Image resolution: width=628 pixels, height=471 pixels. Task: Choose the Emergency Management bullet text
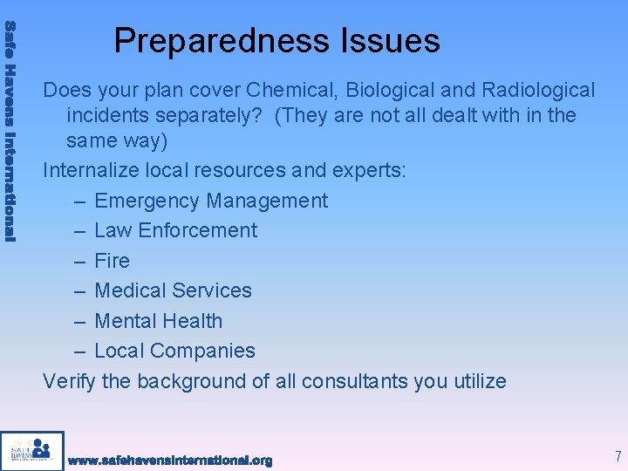[211, 201]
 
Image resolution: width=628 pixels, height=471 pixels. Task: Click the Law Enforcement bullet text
[175, 230]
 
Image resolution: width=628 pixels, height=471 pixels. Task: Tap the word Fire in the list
[112, 261]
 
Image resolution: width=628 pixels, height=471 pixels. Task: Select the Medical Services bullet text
[173, 290]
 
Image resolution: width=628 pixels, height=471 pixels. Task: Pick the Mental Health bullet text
[158, 321]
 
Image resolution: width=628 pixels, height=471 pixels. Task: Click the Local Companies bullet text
[174, 351]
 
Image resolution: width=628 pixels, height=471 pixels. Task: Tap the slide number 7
[618, 456]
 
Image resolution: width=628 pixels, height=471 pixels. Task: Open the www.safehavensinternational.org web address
[170, 460]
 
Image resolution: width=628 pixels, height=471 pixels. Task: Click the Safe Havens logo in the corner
[32, 450]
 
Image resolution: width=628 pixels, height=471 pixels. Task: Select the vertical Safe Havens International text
[10, 131]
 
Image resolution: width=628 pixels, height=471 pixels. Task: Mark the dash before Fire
[79, 261]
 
